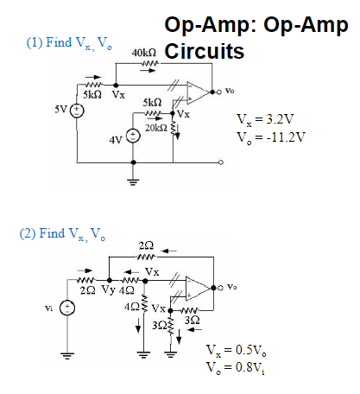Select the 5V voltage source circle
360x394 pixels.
(77, 111)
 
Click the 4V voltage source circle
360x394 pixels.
(133, 137)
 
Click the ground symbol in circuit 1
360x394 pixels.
(133, 181)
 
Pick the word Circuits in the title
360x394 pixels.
(203, 51)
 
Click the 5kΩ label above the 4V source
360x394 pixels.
(152, 103)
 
